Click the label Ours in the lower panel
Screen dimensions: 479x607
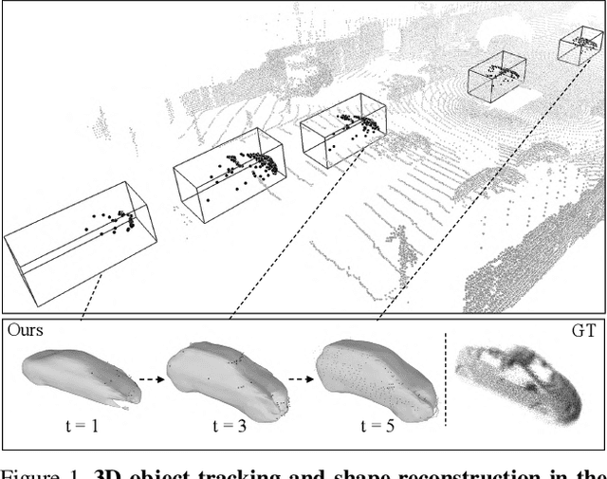[x=25, y=330]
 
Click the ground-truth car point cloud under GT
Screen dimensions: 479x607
[x=517, y=378]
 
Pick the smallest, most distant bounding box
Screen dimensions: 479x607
[x=579, y=46]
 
